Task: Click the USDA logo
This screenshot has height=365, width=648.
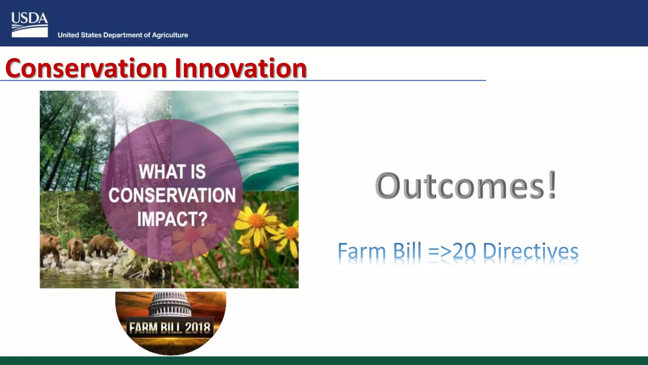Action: (x=29, y=25)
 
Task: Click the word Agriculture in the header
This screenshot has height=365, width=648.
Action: (x=170, y=35)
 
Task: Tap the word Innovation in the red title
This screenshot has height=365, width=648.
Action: (x=240, y=68)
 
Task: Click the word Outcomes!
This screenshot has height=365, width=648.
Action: (x=465, y=186)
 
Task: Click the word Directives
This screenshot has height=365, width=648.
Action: (x=531, y=251)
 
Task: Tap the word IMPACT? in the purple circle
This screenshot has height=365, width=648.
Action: (x=172, y=219)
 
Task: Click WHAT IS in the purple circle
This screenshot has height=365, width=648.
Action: (x=172, y=171)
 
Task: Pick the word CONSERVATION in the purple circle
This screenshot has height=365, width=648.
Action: (x=172, y=195)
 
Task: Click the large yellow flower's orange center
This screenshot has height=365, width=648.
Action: (x=257, y=220)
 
